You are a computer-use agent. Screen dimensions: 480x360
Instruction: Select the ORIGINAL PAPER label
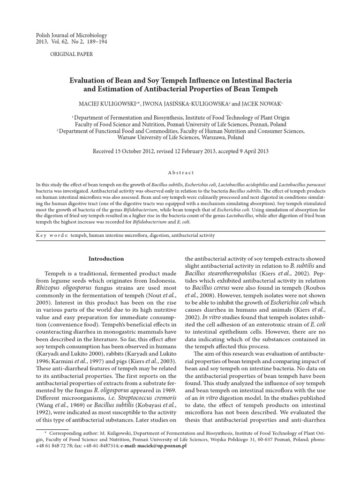point(71,54)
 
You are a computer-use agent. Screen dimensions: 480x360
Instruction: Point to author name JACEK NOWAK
point(255,102)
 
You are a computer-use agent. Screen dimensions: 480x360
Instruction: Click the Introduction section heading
point(106,258)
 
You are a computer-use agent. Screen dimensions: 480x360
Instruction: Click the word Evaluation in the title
point(89,80)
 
